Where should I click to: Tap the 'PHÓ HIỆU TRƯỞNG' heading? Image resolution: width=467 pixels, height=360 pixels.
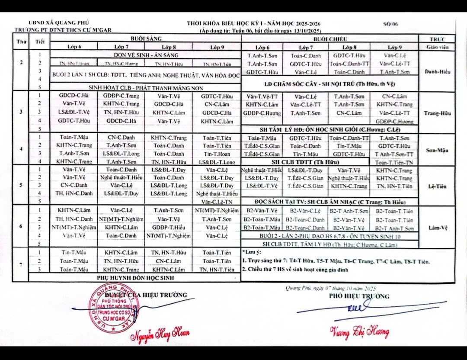coord(359,296)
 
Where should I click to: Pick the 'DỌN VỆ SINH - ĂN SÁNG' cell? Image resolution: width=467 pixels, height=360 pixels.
coord(146,55)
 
